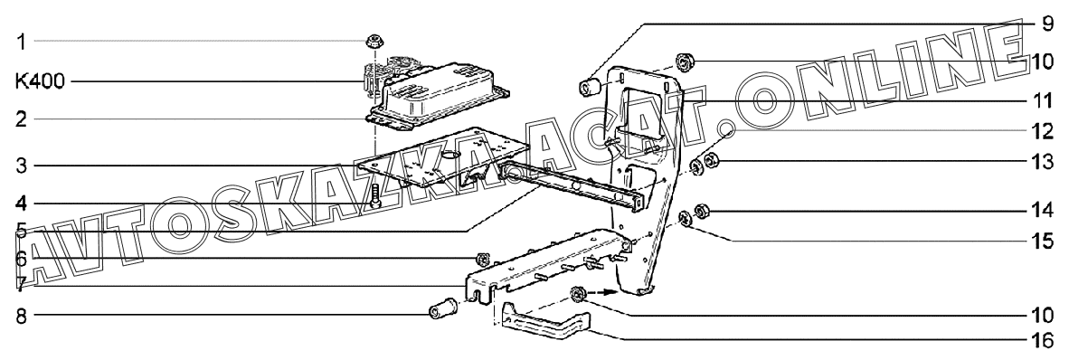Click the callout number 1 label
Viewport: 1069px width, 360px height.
pyautogui.click(x=21, y=43)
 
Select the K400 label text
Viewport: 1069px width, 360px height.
pyautogui.click(x=40, y=82)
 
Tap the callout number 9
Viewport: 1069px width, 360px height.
pyautogui.click(x=1047, y=24)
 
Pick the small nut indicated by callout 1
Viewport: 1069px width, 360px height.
pyautogui.click(x=373, y=41)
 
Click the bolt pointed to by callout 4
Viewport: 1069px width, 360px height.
pyautogui.click(x=375, y=195)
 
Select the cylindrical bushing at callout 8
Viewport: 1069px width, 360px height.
pyautogui.click(x=442, y=306)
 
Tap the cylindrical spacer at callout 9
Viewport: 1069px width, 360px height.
pyautogui.click(x=589, y=87)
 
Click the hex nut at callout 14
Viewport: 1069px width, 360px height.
pyautogui.click(x=700, y=212)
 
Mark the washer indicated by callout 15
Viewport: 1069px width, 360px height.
pyautogui.click(x=685, y=218)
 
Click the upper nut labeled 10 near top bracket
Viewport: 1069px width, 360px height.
pyautogui.click(x=682, y=63)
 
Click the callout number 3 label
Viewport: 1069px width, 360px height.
pyautogui.click(x=21, y=166)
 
